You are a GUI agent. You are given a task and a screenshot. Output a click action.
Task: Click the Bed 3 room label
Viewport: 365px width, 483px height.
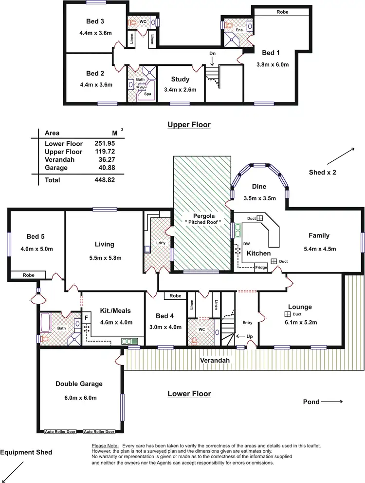96,21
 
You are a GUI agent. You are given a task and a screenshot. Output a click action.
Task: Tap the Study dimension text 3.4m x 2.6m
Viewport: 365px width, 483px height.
180,90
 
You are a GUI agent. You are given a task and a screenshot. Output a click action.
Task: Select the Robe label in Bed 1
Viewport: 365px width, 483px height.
282,11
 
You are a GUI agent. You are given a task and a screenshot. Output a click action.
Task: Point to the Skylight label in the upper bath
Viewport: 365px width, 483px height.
141,86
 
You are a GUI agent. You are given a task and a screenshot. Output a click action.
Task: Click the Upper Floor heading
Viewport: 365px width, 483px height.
189,125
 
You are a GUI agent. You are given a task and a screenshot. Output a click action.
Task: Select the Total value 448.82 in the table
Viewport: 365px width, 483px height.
105,180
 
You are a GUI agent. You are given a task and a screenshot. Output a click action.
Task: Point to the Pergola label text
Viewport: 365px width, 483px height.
203,215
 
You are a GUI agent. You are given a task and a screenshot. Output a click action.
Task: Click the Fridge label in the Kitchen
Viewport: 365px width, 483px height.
261,267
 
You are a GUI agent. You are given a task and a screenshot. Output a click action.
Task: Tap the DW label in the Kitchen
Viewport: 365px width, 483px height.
247,244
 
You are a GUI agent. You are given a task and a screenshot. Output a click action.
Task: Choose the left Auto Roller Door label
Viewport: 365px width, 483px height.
60,432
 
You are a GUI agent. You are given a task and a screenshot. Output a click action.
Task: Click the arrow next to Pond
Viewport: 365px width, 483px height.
332,402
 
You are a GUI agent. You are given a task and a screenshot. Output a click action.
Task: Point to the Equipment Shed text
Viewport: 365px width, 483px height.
26,452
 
